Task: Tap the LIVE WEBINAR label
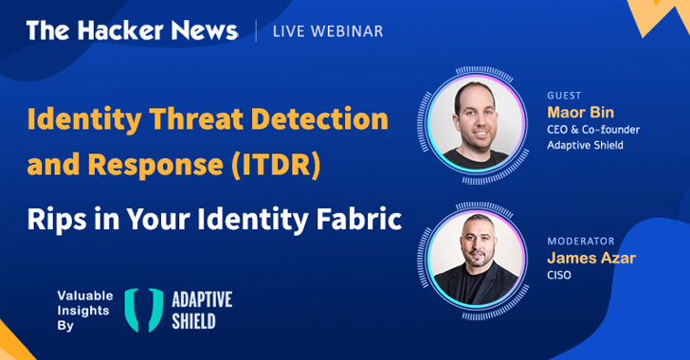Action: click(x=327, y=31)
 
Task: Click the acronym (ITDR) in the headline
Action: click(x=279, y=166)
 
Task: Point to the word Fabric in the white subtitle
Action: click(x=354, y=220)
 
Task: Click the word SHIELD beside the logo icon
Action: click(x=193, y=321)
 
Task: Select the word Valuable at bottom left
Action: click(x=83, y=295)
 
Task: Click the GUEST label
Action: click(x=563, y=96)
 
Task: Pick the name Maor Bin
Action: click(x=580, y=113)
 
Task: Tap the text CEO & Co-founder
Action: click(x=594, y=130)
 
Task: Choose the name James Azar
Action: click(x=589, y=259)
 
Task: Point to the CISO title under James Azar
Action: click(x=560, y=276)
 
